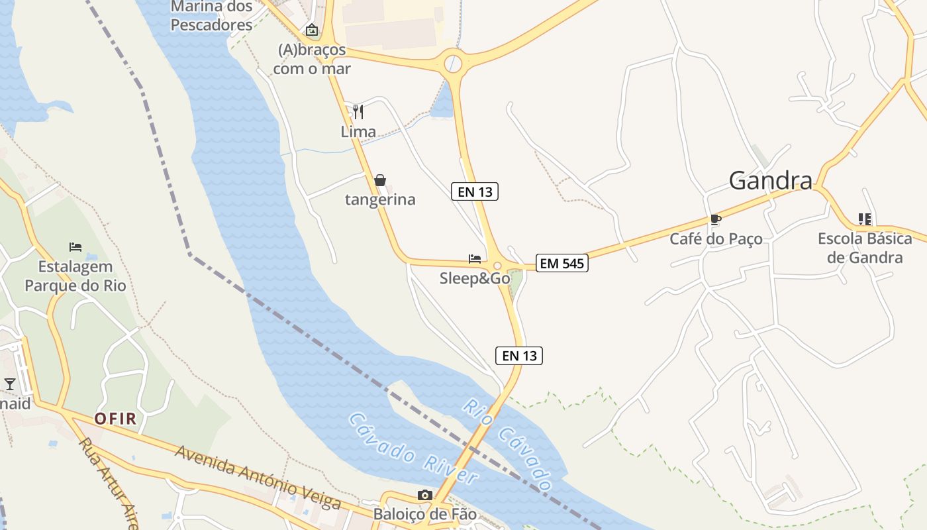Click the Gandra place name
point(770,180)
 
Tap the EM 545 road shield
point(561,263)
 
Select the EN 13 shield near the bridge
point(519,356)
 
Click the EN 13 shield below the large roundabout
point(475,191)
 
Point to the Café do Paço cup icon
point(714,219)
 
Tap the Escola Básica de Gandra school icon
point(864,219)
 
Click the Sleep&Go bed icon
point(474,258)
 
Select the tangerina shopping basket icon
point(380,180)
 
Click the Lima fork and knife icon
point(358,111)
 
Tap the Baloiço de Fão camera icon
point(425,496)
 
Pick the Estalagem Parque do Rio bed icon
point(75,247)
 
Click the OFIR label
point(115,418)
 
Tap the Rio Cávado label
point(508,445)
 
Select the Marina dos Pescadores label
point(212,16)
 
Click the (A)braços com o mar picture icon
point(311,30)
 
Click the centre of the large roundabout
point(453,64)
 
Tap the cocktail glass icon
point(9,384)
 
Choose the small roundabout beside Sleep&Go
point(497,265)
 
